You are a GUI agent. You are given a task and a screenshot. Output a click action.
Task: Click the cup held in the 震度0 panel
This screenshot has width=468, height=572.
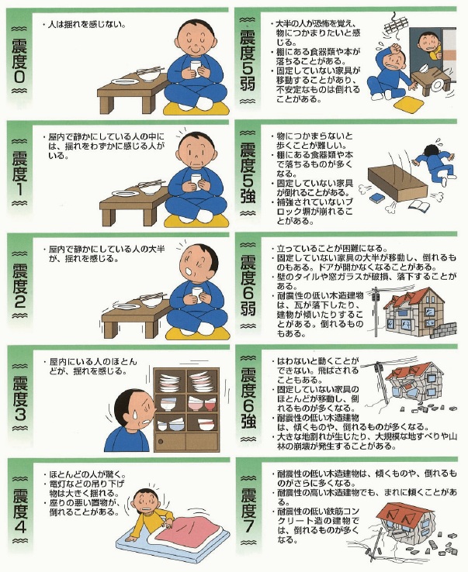[x=196, y=69]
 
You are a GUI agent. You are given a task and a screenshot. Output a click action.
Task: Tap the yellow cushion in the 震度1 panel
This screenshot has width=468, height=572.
[x=196, y=221]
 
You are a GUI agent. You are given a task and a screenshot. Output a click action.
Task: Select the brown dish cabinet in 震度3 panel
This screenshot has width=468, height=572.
[x=186, y=409]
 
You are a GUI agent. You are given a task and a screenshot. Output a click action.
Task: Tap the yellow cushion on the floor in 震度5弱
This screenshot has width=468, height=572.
[x=407, y=105]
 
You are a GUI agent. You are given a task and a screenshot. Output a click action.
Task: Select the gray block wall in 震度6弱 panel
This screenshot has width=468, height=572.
[x=443, y=330]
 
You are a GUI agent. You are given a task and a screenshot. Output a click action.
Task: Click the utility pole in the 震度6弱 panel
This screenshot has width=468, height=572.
[x=375, y=312]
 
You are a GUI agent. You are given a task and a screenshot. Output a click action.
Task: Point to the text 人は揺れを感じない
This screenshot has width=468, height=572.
[x=87, y=26]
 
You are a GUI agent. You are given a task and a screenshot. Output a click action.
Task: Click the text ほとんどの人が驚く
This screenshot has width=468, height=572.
[x=88, y=475]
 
